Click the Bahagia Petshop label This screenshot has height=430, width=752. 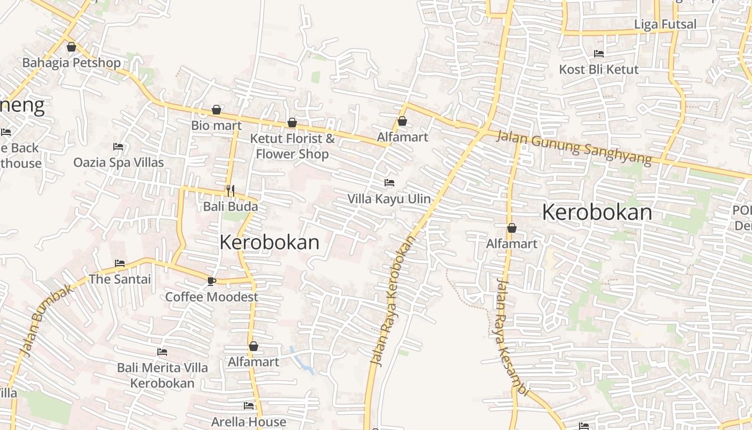tap(71, 63)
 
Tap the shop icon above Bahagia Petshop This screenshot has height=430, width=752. tap(71, 47)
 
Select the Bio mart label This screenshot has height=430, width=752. tap(216, 125)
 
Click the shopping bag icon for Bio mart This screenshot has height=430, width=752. tap(216, 110)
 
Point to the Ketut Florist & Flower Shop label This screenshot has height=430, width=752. tap(292, 146)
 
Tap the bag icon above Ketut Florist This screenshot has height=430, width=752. tap(292, 123)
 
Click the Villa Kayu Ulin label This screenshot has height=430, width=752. tap(389, 199)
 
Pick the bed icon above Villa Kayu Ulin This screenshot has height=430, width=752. tap(389, 183)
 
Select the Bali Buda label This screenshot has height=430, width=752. tap(230, 206)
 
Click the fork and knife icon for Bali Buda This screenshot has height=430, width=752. tap(230, 190)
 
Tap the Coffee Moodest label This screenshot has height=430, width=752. tap(212, 297)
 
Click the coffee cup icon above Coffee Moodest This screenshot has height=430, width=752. tap(212, 281)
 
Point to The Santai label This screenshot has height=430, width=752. tap(120, 279)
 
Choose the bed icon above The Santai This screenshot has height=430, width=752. tap(120, 263)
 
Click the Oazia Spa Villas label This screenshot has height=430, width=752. tap(119, 162)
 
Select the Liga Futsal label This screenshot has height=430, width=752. tap(665, 24)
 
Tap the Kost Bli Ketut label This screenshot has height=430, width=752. tap(599, 69)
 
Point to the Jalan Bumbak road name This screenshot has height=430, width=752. tap(47, 319)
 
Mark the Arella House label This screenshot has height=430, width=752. tap(249, 421)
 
